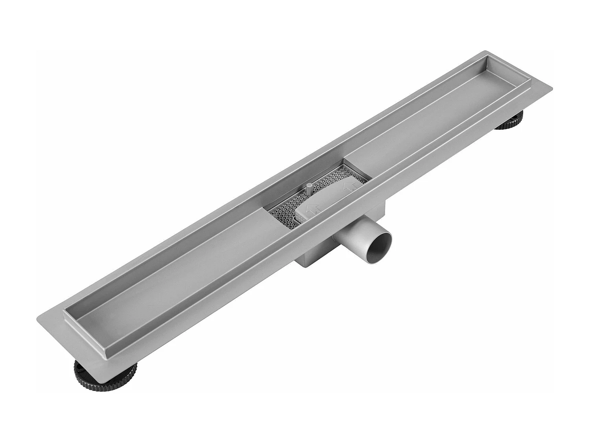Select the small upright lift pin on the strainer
pyautogui.click(x=309, y=188)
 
